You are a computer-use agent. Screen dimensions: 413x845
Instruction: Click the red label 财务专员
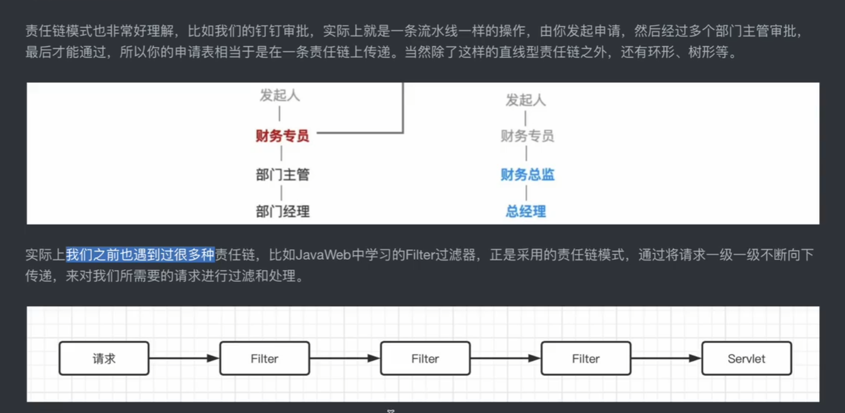point(282,136)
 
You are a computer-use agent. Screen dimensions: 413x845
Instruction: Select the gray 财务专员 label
point(527,136)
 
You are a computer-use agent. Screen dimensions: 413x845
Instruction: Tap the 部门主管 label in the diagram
point(282,175)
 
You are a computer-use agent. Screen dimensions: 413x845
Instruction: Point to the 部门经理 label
point(282,211)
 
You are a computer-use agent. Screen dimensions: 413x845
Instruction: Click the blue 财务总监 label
point(527,175)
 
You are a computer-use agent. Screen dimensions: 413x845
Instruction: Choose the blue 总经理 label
point(525,211)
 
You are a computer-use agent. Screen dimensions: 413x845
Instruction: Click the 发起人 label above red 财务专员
point(280,96)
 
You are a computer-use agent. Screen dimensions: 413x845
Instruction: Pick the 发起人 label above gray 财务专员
point(525,100)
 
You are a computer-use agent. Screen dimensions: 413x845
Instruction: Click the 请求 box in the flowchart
point(104,359)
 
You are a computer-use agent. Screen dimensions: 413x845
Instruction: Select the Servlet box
point(746,359)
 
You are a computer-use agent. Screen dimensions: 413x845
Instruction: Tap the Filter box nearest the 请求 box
point(264,359)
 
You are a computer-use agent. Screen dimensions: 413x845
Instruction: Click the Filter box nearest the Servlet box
point(585,359)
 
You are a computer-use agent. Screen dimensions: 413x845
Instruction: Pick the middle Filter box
point(425,359)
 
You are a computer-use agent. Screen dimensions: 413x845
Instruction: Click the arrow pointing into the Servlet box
point(665,359)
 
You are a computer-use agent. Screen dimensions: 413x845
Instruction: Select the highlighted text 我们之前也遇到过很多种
point(140,255)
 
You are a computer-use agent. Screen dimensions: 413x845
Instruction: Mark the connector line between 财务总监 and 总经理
point(526,193)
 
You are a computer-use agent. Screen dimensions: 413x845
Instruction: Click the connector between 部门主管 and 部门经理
point(281,193)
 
